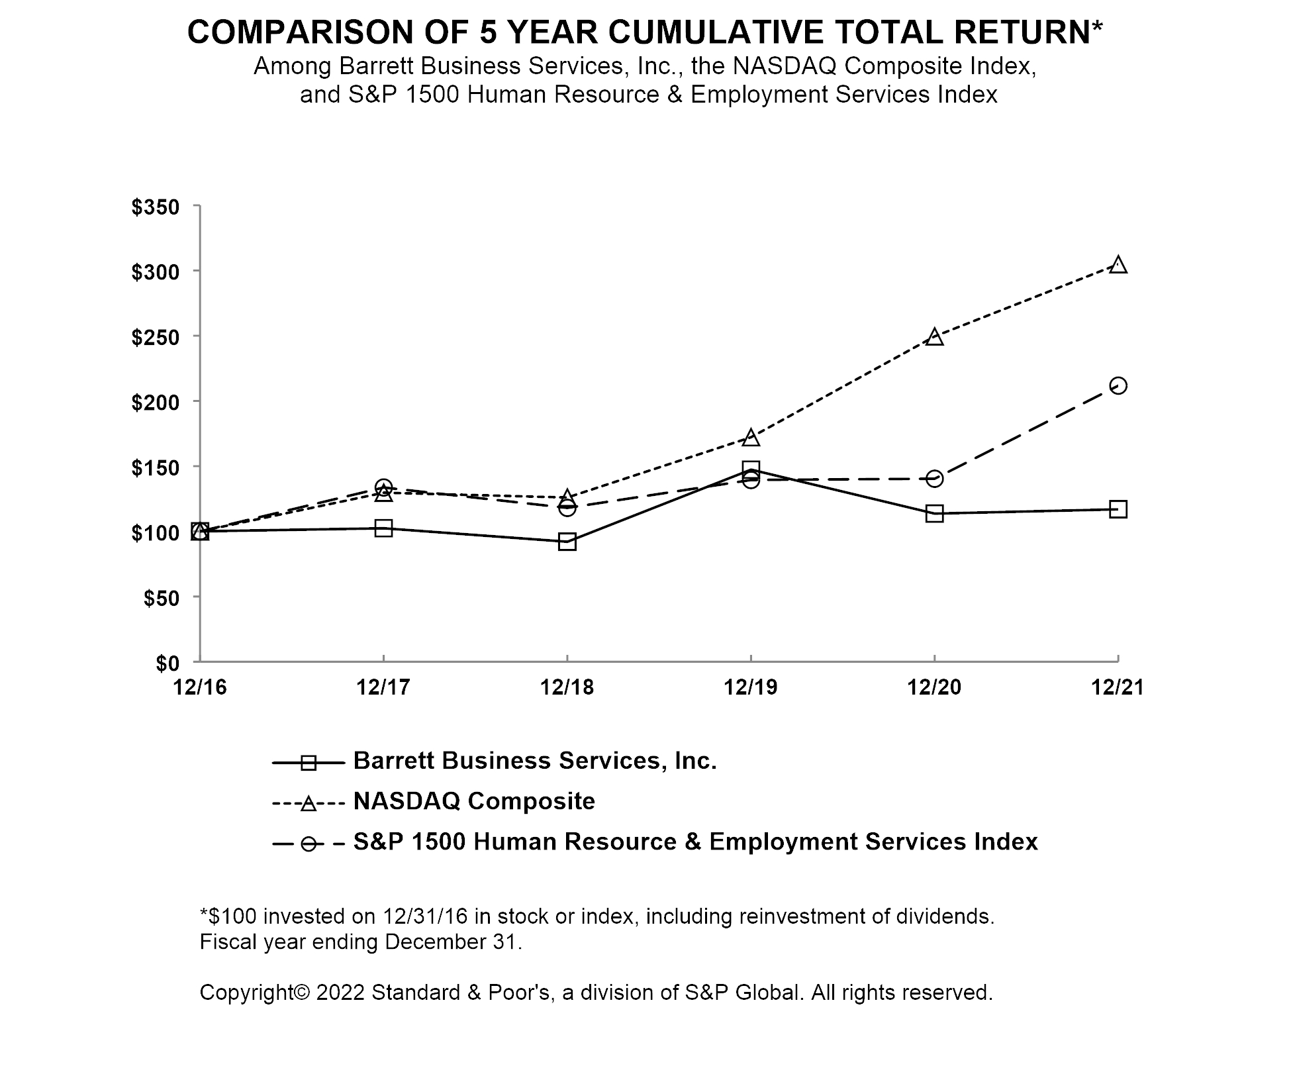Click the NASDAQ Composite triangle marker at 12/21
(1118, 265)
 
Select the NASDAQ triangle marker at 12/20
(934, 337)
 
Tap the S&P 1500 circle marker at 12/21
(1118, 385)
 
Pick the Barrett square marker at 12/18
(567, 542)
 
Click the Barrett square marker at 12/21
(1118, 509)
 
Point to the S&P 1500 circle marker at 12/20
(934, 478)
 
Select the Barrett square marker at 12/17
(383, 528)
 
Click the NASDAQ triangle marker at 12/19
(751, 438)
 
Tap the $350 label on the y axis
(156, 207)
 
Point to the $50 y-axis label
(162, 598)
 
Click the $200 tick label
(156, 402)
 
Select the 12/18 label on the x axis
(567, 687)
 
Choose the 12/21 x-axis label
(1118, 687)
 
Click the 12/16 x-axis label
(200, 687)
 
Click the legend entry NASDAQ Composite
(474, 801)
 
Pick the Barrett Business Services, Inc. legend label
(535, 761)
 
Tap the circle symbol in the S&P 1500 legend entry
(309, 844)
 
